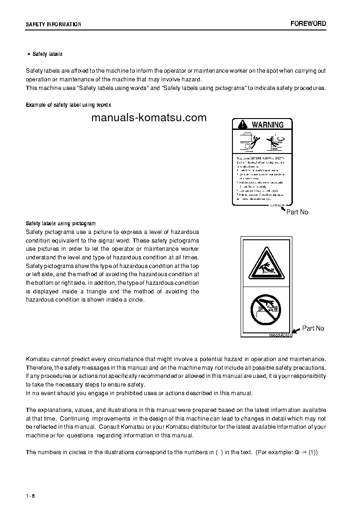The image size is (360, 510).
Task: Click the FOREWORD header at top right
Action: (308, 24)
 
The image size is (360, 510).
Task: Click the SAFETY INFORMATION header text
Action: (54, 25)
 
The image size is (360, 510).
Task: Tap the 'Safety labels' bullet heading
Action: (47, 54)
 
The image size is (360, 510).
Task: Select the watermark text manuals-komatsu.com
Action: (148, 118)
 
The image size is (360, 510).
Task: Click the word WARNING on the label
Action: (267, 124)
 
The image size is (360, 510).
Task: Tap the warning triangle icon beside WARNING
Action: (242, 124)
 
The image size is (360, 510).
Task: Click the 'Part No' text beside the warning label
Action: (297, 212)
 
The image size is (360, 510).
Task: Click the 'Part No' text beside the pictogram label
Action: (313, 328)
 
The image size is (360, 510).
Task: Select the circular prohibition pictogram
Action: (266, 310)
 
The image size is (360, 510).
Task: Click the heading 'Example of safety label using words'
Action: (69, 105)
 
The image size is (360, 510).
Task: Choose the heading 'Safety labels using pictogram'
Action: (61, 223)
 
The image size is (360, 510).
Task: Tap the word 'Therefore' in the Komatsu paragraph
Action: (39, 368)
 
